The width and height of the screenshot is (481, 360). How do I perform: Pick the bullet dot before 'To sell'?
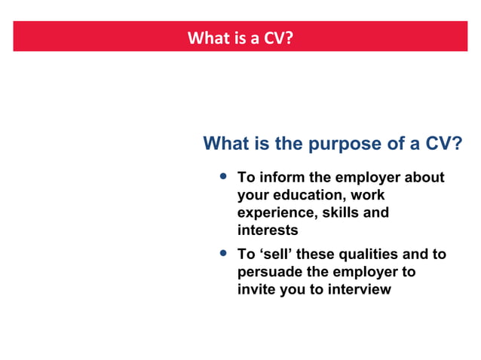tap(222, 253)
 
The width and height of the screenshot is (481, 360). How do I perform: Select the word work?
tap(367, 196)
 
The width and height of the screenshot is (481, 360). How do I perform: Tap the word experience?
tap(274, 213)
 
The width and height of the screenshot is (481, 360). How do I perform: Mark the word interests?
tap(268, 230)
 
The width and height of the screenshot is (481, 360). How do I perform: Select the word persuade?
tap(268, 272)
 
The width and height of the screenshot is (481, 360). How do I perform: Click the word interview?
tap(359, 289)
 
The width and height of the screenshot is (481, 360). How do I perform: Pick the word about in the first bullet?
tap(424, 178)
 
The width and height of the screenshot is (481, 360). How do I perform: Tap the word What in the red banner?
tap(206, 38)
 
